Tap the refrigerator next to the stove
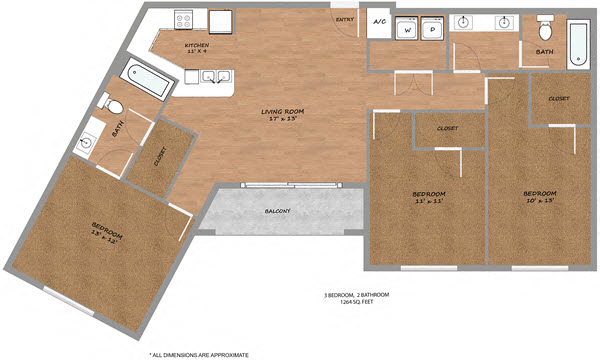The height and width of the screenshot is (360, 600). tap(219, 21)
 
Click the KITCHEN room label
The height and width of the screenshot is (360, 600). tap(196, 47)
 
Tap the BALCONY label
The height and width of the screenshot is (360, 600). tap(277, 212)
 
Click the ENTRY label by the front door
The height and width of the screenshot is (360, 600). tap(344, 19)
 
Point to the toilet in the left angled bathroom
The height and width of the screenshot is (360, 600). tap(114, 106)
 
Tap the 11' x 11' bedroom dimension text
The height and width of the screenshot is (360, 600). tap(429, 201)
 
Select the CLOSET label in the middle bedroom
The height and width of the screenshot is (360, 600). tap(448, 129)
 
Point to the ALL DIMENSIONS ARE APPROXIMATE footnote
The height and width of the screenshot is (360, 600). tap(199, 354)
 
